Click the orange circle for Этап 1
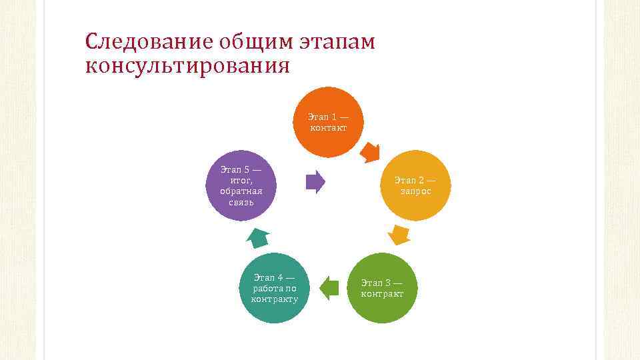point(328,122)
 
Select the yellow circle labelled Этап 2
point(415,185)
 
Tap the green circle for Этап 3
point(382,288)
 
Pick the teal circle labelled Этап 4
point(274,288)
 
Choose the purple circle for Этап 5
point(241,185)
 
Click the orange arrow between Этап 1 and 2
point(369,153)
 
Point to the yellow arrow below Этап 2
point(399,235)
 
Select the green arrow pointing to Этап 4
point(329,287)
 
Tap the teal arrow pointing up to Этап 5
point(258,237)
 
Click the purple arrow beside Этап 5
point(315,181)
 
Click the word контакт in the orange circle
point(328,127)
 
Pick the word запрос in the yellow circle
point(415,191)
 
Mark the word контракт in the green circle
point(382,294)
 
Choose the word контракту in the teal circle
point(274,299)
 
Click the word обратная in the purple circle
point(241,191)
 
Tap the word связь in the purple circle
point(241,201)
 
